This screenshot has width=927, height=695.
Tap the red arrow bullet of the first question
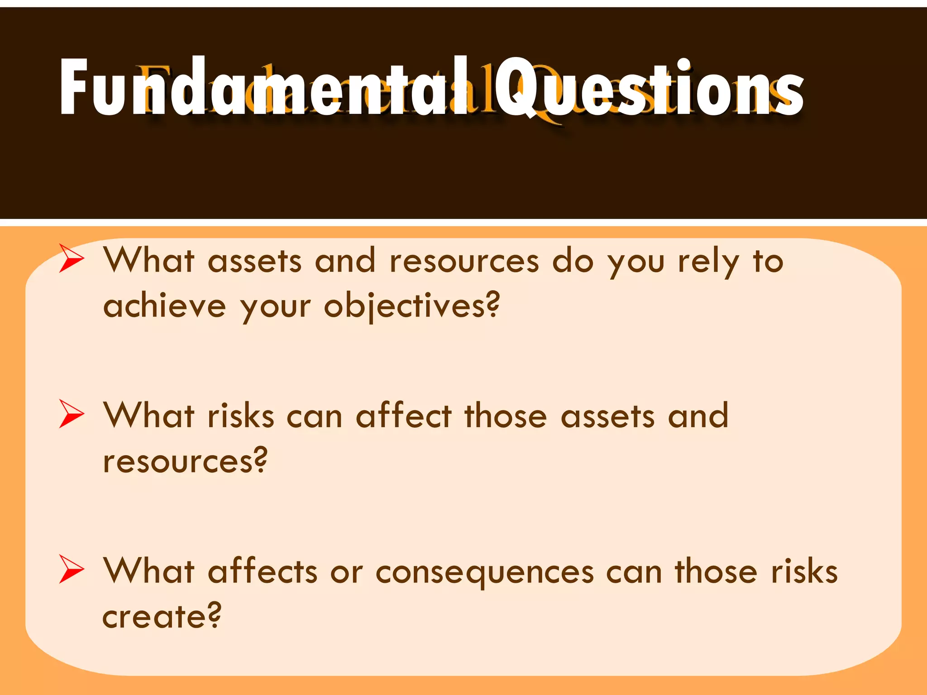coord(72,258)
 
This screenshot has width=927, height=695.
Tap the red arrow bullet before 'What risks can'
coord(72,414)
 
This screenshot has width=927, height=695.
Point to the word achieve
coord(164,306)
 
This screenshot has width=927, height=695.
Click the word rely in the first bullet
coord(708,262)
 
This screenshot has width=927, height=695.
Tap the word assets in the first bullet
coord(254,262)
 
